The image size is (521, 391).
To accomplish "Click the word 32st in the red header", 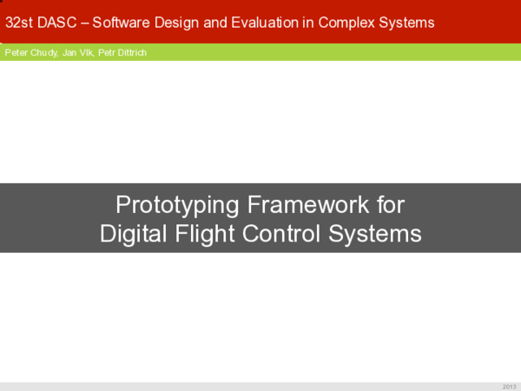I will click(x=21, y=22).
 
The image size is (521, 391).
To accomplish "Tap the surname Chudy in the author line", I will click(x=43, y=52).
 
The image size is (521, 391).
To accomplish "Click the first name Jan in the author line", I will click(x=70, y=52).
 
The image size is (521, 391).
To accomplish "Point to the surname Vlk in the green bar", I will click(x=87, y=52).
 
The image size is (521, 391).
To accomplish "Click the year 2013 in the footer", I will click(x=509, y=386).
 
